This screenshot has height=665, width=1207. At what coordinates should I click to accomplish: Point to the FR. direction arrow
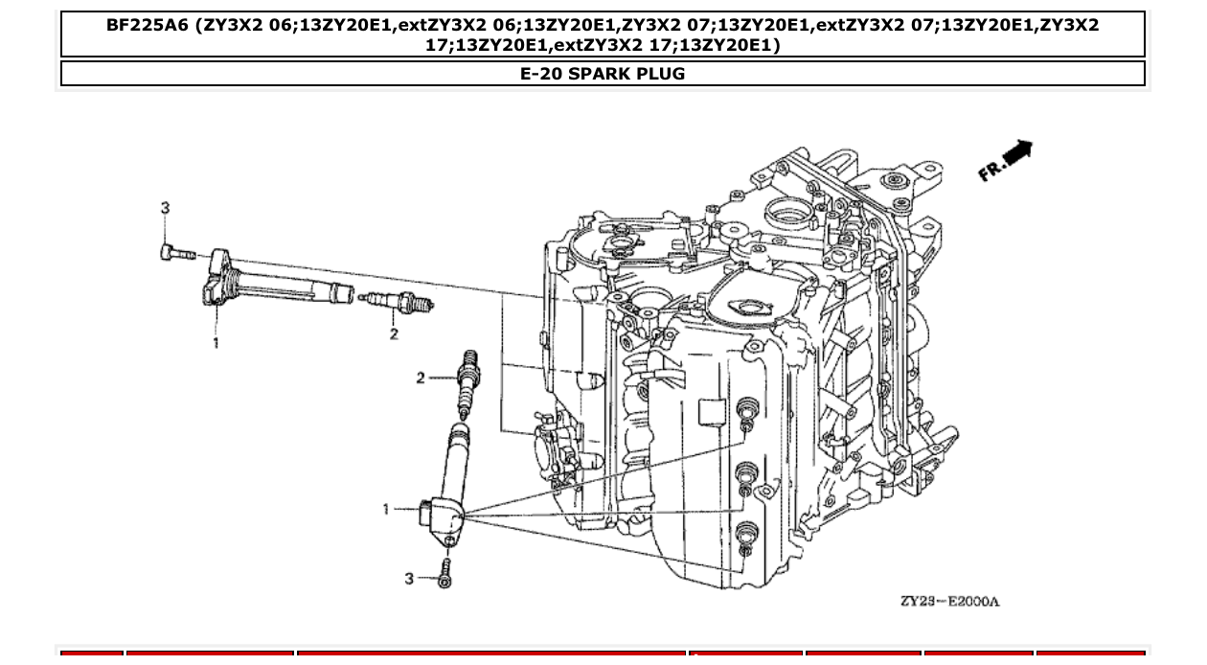pos(1005,160)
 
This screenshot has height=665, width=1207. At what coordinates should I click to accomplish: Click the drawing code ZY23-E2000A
pos(948,601)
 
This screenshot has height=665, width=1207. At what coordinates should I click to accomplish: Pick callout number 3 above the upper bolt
pos(165,208)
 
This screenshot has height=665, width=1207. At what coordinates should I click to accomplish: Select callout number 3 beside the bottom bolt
pos(409,579)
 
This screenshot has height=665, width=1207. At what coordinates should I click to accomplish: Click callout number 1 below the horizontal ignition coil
pos(216,342)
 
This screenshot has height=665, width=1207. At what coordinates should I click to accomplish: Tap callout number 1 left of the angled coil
pos(387,509)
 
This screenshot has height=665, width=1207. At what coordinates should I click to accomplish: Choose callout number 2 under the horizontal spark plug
pos(394,333)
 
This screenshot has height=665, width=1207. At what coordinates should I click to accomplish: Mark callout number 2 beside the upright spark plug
pos(421,378)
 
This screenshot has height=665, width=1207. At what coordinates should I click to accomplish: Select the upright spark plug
pos(468,382)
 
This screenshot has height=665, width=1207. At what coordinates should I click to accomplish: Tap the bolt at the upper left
pos(176,253)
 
